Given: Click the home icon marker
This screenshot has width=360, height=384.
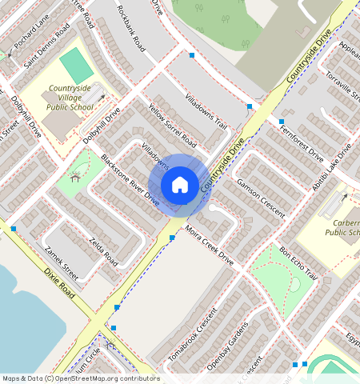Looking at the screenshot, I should pyautogui.click(x=180, y=185).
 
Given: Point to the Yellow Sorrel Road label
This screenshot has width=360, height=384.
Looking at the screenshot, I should pyautogui.click(x=172, y=125).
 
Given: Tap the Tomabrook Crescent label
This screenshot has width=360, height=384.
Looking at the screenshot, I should pyautogui.click(x=194, y=334).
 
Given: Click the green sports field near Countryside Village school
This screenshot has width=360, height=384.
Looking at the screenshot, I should pyautogui.click(x=75, y=65).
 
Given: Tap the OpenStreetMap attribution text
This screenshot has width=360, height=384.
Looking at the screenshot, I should pyautogui.click(x=80, y=378).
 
